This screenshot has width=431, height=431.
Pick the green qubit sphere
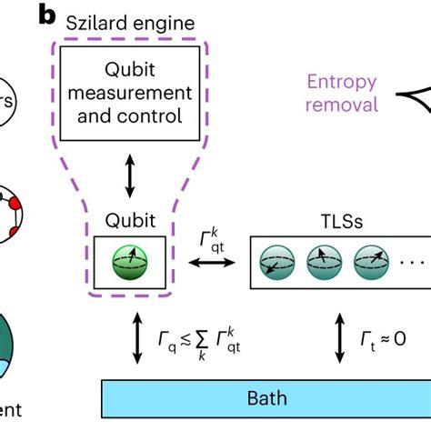click(128, 262)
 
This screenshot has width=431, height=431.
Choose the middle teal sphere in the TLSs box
click(323, 262)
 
